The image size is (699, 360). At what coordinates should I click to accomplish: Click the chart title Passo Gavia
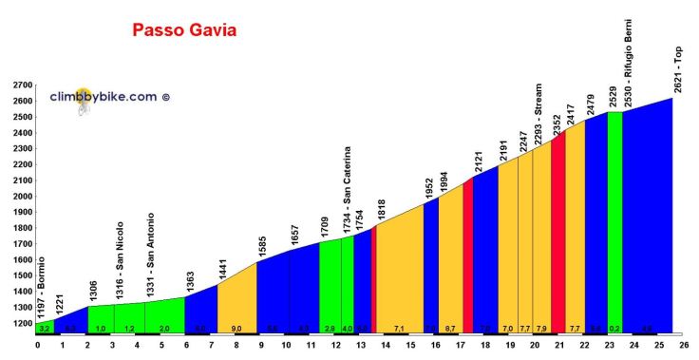[184, 31]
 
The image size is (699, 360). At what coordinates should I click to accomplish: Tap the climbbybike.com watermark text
[116, 96]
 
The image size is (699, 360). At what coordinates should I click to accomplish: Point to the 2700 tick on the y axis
[18, 85]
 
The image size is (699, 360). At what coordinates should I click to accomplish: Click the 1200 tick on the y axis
[18, 323]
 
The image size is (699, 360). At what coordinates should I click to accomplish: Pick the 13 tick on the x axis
[360, 346]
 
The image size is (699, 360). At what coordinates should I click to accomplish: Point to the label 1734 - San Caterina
[348, 190]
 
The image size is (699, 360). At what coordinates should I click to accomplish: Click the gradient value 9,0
[236, 329]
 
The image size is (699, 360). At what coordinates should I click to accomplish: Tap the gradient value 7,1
[399, 329]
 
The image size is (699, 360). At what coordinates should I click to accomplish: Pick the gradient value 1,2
[130, 329]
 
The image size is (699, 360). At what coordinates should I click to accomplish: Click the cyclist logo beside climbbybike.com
[85, 101]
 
